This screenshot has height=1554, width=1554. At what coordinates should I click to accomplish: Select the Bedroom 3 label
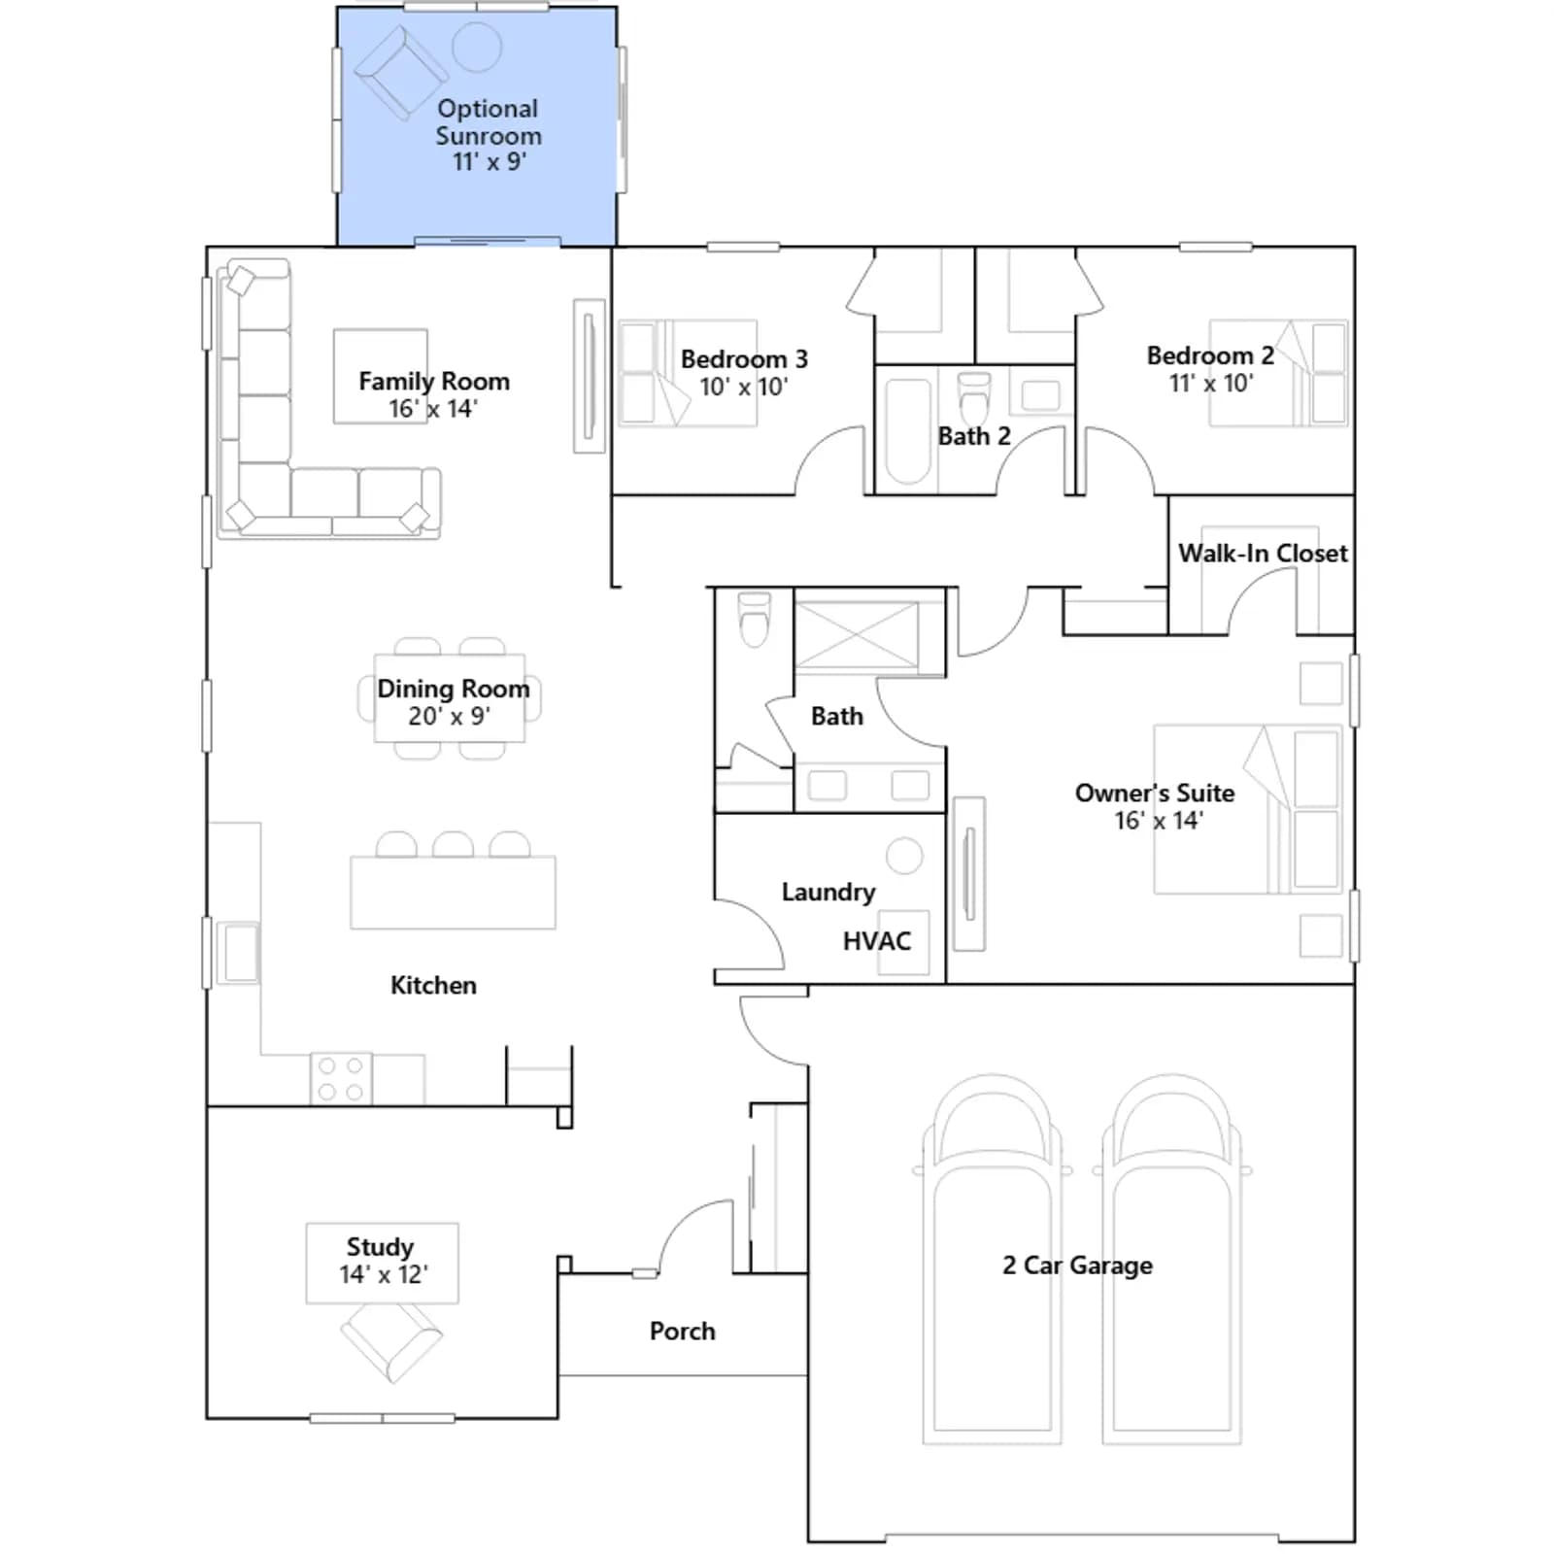click(744, 359)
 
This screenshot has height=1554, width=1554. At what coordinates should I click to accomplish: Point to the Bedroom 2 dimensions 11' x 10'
click(1211, 383)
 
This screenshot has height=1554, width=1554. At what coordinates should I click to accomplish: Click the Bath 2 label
click(974, 436)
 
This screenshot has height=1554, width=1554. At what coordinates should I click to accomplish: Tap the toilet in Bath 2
click(974, 397)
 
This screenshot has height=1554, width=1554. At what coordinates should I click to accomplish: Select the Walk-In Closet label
click(1263, 554)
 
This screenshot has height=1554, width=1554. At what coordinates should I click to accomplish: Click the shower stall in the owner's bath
click(857, 635)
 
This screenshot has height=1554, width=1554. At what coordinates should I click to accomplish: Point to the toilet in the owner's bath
click(755, 620)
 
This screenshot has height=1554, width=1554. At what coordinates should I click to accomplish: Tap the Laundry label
click(828, 893)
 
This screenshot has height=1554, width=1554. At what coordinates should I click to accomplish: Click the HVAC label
click(877, 941)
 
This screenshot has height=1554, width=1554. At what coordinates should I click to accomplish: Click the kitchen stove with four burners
click(341, 1079)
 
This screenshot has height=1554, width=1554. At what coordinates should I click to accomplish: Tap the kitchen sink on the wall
click(239, 953)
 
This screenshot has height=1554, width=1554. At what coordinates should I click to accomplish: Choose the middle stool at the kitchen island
click(453, 844)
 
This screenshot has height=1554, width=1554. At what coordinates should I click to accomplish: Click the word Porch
click(683, 1332)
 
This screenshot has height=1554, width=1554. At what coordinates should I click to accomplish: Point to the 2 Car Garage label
click(1078, 1266)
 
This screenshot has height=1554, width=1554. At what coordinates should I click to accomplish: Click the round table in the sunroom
click(477, 47)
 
